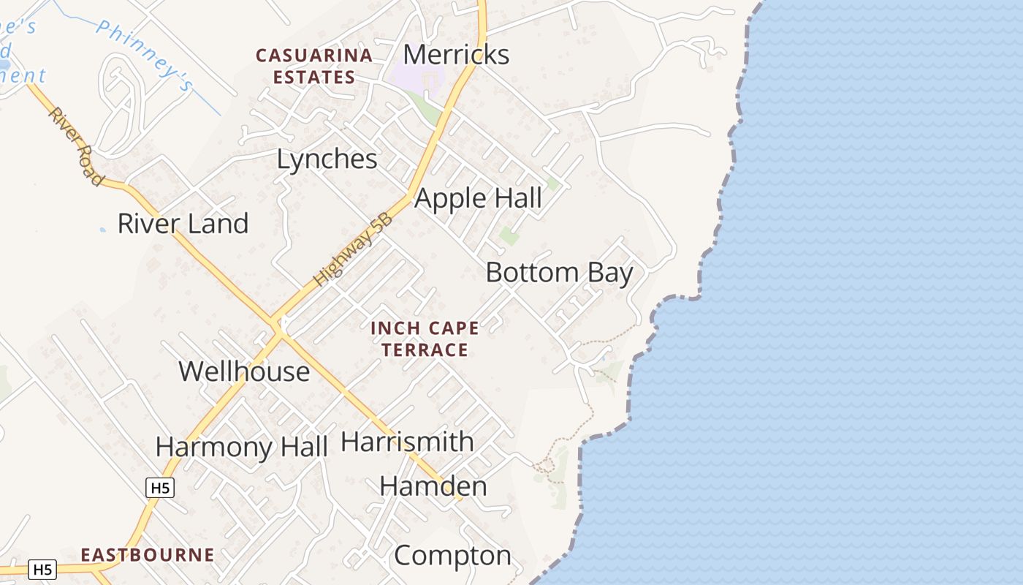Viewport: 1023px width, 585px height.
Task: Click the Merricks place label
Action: coord(456,55)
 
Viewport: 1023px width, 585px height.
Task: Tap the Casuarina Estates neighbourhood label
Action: coord(313,66)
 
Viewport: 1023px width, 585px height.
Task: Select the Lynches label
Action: coord(327,159)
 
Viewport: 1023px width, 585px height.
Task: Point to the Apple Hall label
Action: coord(479,198)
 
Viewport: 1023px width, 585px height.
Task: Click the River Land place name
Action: coord(183,224)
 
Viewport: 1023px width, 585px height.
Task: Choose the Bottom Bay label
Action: coord(559,273)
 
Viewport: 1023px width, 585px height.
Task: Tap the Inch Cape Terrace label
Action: coord(425,339)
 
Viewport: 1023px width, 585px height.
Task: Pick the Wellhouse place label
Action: coord(244,371)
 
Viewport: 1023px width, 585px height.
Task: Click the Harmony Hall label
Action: coord(241,447)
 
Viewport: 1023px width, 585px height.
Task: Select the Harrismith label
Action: coord(407,442)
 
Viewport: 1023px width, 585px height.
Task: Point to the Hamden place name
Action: coord(433,486)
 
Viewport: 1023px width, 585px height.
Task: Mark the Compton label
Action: coord(452,556)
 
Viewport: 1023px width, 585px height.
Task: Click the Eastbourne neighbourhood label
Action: coord(148,555)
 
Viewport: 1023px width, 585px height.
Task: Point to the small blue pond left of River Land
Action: coord(102,230)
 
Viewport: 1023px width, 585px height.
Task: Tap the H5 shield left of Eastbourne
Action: coord(42,569)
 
